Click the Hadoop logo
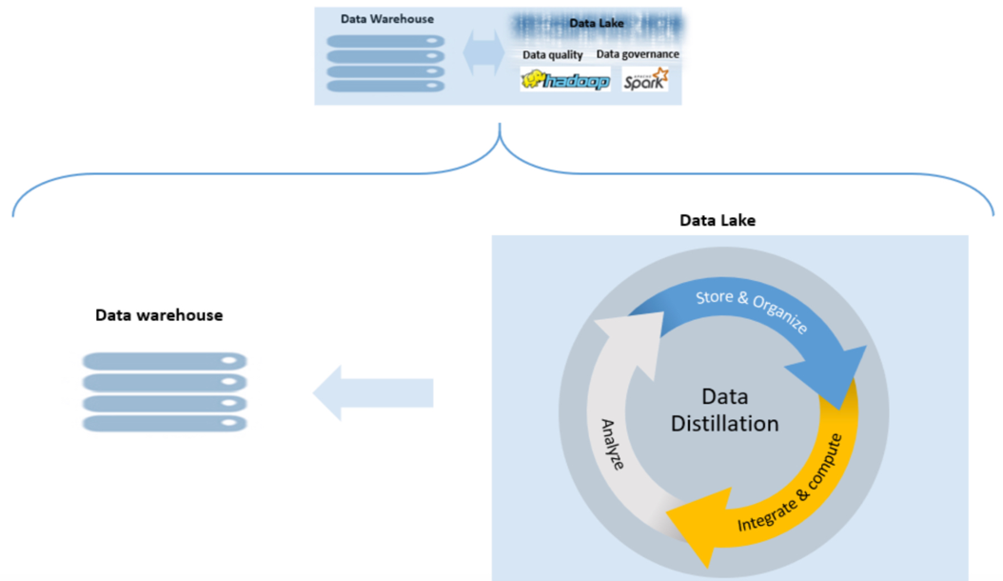[565, 80]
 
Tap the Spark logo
[645, 79]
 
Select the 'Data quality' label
[553, 55]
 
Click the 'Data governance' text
[638, 54]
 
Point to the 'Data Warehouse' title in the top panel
[387, 19]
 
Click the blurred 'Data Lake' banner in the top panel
[597, 24]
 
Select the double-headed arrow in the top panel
[483, 53]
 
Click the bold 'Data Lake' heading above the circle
[718, 220]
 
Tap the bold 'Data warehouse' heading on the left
[159, 315]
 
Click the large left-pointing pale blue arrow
[373, 392]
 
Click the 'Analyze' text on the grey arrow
[612, 445]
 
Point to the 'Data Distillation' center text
[725, 410]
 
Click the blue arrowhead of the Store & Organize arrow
[832, 373]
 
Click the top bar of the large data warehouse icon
[165, 361]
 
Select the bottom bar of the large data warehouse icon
[165, 424]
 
